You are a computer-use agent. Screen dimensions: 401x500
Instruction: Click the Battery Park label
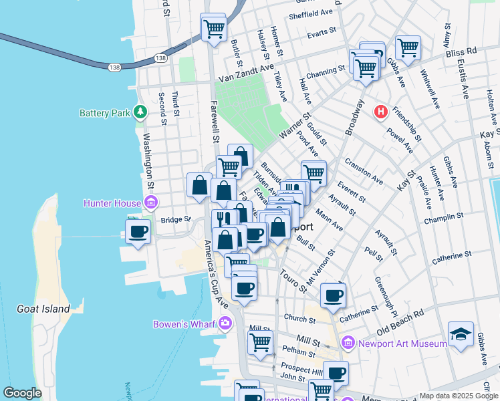click(x=104, y=113)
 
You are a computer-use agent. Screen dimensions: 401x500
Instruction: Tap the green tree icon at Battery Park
click(x=140, y=112)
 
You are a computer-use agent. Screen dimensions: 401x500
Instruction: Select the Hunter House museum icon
click(x=150, y=203)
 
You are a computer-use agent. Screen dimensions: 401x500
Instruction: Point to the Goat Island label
click(x=43, y=309)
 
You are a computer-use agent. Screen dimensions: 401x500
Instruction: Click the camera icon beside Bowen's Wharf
click(x=225, y=324)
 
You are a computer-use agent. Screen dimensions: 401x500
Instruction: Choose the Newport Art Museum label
click(x=402, y=344)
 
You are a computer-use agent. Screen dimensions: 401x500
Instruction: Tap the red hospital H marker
click(x=381, y=112)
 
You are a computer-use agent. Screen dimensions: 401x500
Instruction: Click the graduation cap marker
click(x=461, y=334)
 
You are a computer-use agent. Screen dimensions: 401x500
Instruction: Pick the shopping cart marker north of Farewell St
click(x=214, y=28)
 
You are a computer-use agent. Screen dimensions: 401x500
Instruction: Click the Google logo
click(x=22, y=393)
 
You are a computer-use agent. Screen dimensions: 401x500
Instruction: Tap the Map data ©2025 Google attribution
click(x=458, y=396)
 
